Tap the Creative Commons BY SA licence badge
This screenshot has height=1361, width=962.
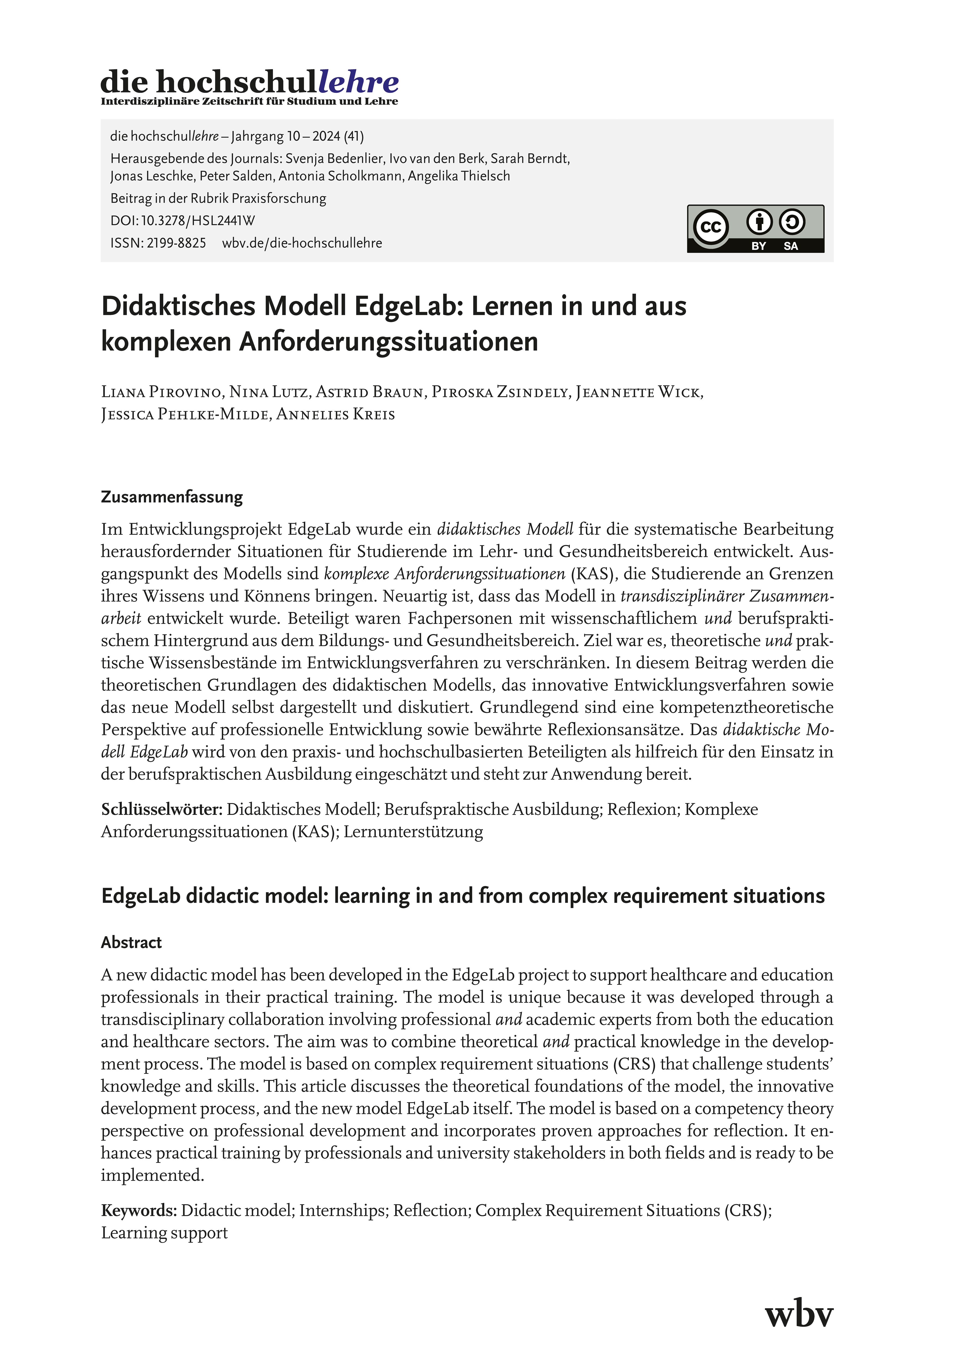pos(755,229)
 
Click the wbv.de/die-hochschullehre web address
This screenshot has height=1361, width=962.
pos(302,243)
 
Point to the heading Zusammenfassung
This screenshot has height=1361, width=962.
pos(172,497)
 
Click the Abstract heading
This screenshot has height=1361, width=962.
pos(131,943)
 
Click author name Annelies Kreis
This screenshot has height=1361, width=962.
pos(336,414)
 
